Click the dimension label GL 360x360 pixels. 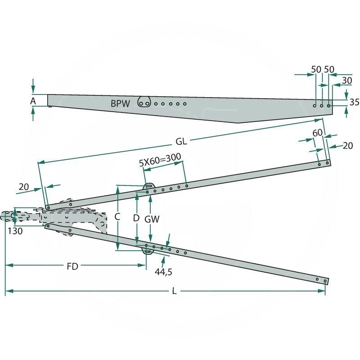pyautogui.click(x=181, y=141)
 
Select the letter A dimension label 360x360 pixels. pyautogui.click(x=33, y=101)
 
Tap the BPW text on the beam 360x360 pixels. pyautogui.click(x=120, y=103)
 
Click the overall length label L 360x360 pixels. pyautogui.click(x=174, y=292)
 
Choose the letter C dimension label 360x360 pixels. pyautogui.click(x=117, y=216)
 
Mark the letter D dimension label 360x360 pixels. pyautogui.click(x=136, y=217)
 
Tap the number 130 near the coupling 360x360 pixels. pyautogui.click(x=15, y=231)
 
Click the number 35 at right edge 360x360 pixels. pyautogui.click(x=354, y=102)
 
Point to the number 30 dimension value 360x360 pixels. pyautogui.click(x=347, y=80)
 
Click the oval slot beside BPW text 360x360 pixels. pyautogui.click(x=144, y=103)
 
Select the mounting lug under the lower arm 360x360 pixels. pyautogui.click(x=147, y=250)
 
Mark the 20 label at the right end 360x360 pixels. pyautogui.click(x=347, y=145)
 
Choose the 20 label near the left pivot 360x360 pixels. pyautogui.click(x=24, y=186)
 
